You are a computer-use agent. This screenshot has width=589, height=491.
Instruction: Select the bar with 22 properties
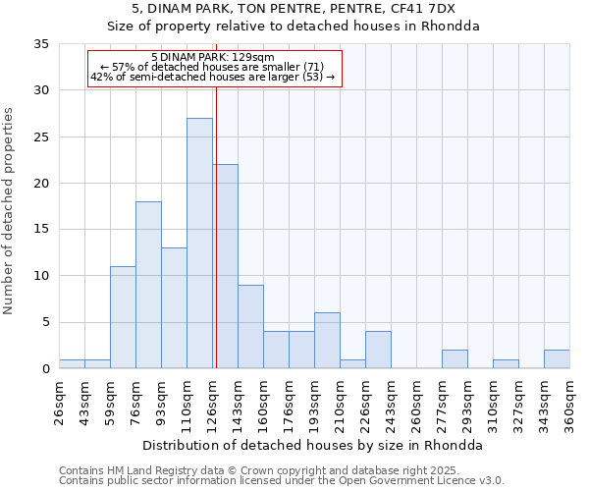point(226,266)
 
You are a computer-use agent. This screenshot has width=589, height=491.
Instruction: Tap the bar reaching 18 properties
point(148,285)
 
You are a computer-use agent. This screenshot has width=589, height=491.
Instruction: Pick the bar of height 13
point(174,308)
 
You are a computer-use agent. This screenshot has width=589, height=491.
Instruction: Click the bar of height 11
point(123,317)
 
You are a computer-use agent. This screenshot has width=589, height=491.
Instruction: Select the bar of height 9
point(250,327)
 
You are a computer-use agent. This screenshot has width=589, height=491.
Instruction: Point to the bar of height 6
point(327,341)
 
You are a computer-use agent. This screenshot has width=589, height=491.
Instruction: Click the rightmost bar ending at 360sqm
point(557,359)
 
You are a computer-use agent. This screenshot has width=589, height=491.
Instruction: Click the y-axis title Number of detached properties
point(10,211)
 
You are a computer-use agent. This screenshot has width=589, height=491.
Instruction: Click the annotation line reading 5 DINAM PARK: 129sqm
point(213,58)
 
